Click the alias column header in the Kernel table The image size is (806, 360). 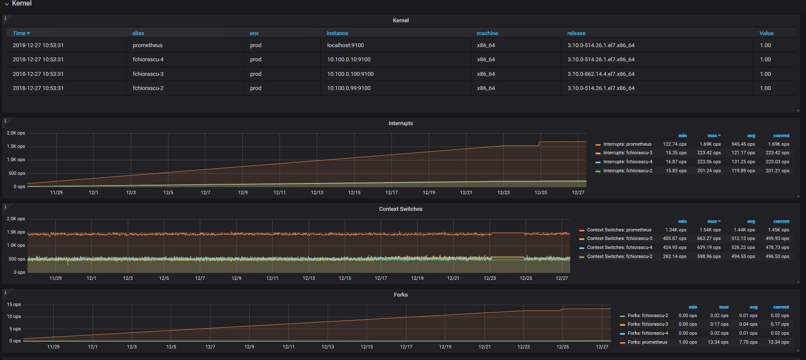(x=138, y=33)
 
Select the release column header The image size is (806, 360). (x=576, y=33)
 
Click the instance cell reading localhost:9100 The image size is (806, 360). (x=346, y=45)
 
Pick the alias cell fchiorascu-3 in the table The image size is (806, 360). (x=148, y=74)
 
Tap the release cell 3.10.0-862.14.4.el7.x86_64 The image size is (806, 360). (x=601, y=74)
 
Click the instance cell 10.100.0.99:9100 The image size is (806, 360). (x=349, y=88)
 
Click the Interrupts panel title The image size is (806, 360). (x=401, y=123)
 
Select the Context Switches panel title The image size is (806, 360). (x=401, y=209)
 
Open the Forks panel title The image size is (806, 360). (x=401, y=294)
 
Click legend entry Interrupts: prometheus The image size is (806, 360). (x=627, y=144)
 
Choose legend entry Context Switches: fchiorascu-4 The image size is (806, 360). (x=620, y=247)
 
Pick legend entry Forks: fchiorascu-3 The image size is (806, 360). (x=648, y=324)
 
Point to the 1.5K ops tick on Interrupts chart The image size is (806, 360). (x=16, y=146)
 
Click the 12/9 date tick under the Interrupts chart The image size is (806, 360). (x=243, y=192)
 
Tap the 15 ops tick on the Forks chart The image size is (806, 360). (x=14, y=304)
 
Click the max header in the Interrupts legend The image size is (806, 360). (x=713, y=135)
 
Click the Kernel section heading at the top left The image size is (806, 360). (x=21, y=3)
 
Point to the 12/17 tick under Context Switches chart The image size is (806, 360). (x=381, y=278)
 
